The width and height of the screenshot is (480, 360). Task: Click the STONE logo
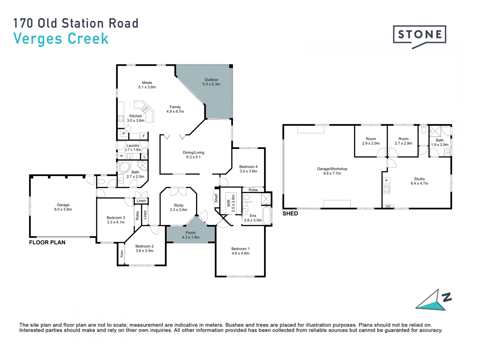(x=419, y=35)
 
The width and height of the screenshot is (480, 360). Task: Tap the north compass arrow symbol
(x=433, y=300)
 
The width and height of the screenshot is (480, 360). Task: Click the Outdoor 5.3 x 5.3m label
(x=211, y=82)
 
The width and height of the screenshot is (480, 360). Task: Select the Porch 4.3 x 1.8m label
(x=191, y=235)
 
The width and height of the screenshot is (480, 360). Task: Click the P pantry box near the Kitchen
(x=124, y=134)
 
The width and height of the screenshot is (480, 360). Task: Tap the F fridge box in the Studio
(x=386, y=181)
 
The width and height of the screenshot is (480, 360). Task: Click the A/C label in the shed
(x=388, y=207)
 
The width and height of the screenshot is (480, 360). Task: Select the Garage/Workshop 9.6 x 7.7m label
(x=332, y=171)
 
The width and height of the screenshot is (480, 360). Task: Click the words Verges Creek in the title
(x=61, y=39)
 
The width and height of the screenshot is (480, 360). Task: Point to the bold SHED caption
(x=290, y=214)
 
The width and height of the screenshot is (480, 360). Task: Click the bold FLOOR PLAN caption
(x=47, y=242)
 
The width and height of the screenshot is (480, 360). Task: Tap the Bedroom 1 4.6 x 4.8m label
(x=240, y=251)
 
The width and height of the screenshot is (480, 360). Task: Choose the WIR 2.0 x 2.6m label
(x=231, y=203)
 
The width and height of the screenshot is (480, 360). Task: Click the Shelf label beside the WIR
(x=216, y=198)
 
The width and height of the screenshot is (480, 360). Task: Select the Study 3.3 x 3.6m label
(x=178, y=207)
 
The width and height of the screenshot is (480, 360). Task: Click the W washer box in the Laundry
(x=121, y=156)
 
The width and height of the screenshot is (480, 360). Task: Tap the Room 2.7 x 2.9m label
(x=403, y=141)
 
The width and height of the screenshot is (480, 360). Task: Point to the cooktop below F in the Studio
(x=386, y=189)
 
